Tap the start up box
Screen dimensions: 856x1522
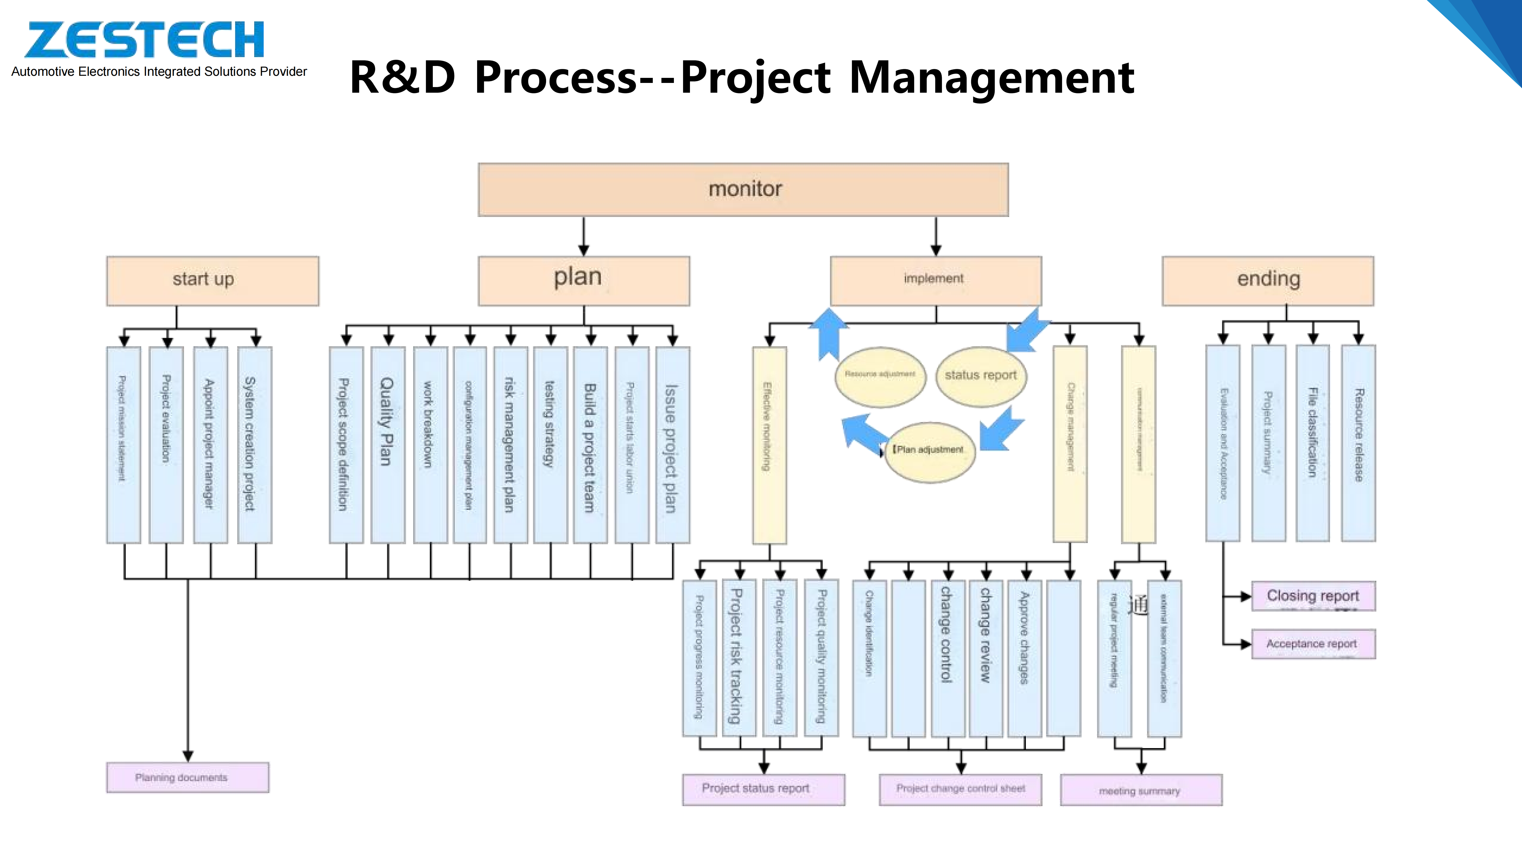[x=213, y=281]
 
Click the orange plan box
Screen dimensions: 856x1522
[x=584, y=281]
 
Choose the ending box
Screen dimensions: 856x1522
[x=1268, y=281]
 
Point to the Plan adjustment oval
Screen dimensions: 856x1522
[x=929, y=451]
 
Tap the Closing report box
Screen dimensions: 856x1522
[x=1313, y=596]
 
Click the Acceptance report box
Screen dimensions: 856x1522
[x=1313, y=644]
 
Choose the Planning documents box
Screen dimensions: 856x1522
[x=187, y=778]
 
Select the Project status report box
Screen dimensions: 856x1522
[x=763, y=789]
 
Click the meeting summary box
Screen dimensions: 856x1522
[x=1141, y=790]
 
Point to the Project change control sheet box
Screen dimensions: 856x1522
[x=960, y=789]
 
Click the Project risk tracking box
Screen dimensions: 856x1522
[x=738, y=657]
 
